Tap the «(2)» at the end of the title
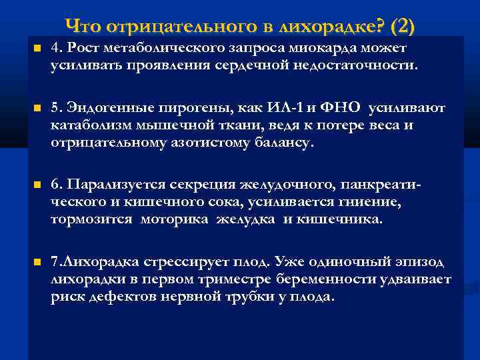coord(403,27)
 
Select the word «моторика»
coord(175,217)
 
